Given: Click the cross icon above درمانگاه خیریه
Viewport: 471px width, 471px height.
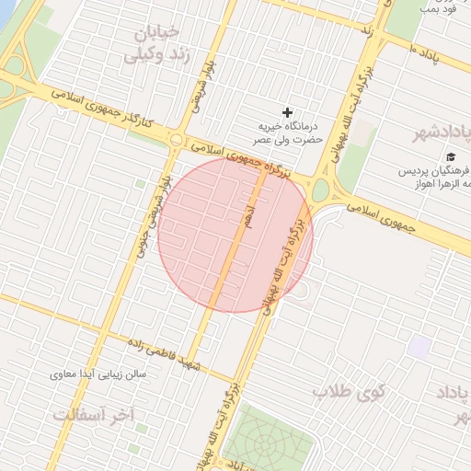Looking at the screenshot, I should click(287, 112).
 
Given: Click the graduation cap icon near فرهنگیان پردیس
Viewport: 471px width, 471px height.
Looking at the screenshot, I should click(451, 156).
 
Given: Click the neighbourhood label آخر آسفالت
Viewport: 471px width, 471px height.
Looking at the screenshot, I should click(92, 416).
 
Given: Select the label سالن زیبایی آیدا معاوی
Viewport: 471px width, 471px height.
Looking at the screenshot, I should click(101, 375).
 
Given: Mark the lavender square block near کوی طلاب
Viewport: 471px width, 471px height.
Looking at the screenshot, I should click(420, 348).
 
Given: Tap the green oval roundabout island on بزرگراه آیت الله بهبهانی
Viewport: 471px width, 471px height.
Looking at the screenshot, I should click(321, 191).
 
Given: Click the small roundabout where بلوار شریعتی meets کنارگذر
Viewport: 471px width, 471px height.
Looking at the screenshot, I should click(176, 139).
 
